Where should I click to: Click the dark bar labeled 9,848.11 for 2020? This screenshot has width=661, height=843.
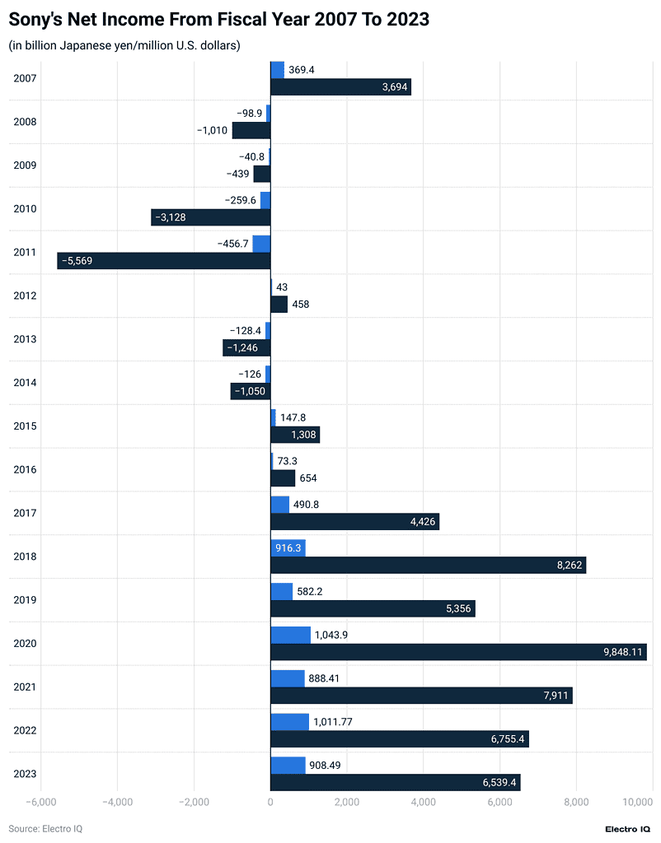(458, 652)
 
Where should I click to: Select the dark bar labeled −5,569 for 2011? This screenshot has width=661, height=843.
(164, 261)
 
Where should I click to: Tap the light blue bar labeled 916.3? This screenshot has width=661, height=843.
(288, 547)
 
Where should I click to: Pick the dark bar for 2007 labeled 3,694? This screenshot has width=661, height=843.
(340, 87)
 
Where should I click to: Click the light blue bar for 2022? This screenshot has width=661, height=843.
(289, 722)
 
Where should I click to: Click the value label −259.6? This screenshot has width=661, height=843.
(241, 200)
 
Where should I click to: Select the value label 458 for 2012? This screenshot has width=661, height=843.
(301, 305)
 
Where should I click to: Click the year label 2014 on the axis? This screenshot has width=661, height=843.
(26, 383)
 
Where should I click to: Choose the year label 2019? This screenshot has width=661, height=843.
(26, 600)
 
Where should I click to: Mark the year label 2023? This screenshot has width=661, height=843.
(26, 774)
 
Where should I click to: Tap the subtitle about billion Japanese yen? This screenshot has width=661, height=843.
(124, 46)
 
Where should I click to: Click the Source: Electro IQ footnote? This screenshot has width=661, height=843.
(45, 828)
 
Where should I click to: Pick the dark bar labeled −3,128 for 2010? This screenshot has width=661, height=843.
(211, 217)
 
